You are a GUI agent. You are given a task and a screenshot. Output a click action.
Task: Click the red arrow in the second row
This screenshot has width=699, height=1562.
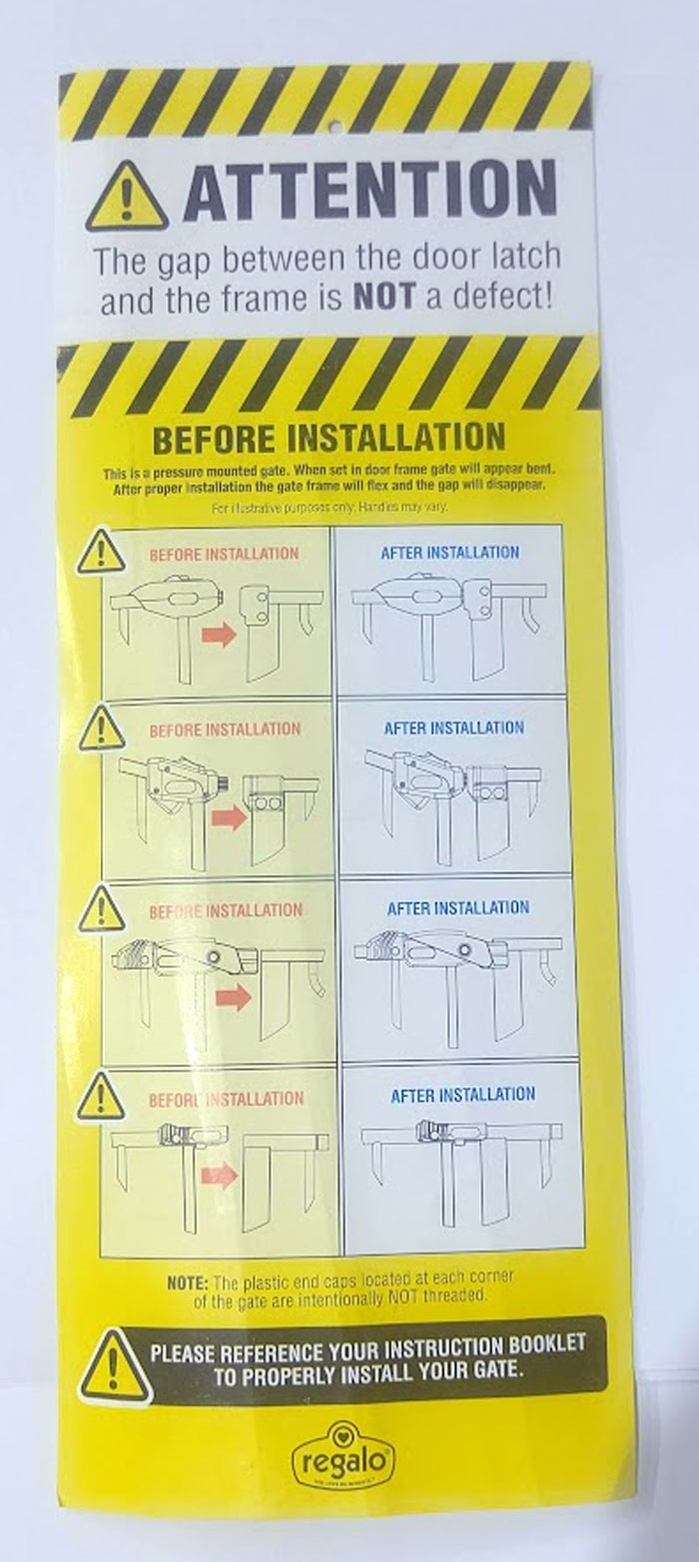[229, 818]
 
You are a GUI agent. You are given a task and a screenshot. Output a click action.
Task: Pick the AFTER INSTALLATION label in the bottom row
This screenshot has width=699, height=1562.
[462, 1095]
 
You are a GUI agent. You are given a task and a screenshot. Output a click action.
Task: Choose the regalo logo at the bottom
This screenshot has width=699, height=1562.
[344, 1461]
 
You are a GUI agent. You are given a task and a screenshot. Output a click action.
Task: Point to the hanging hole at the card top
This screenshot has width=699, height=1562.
[335, 127]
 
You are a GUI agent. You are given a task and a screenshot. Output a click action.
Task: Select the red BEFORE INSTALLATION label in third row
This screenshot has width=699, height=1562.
[225, 911]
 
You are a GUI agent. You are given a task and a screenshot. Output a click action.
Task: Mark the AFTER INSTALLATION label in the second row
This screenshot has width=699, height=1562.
[453, 729]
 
